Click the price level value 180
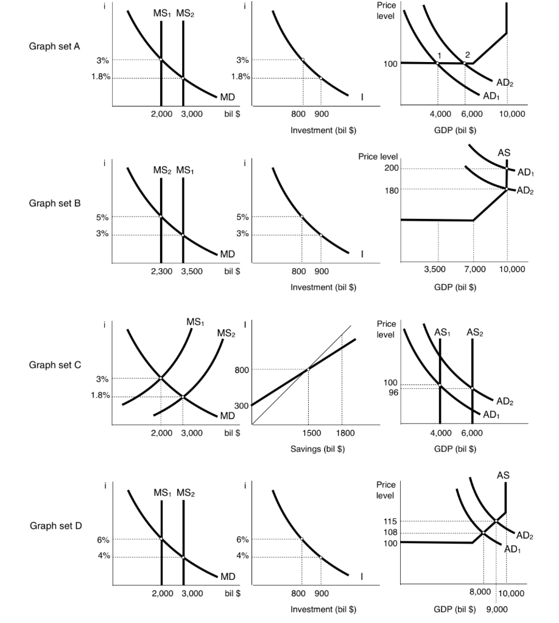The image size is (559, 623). click(x=391, y=190)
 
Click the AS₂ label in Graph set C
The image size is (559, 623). click(x=474, y=332)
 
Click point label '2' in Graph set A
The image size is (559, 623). click(x=468, y=55)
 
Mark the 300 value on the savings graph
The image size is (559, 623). click(x=241, y=406)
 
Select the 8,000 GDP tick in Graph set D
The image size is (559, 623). click(x=480, y=593)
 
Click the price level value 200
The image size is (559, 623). click(x=391, y=169)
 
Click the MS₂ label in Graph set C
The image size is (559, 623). click(x=225, y=333)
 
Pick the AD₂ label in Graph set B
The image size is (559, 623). click(x=525, y=192)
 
